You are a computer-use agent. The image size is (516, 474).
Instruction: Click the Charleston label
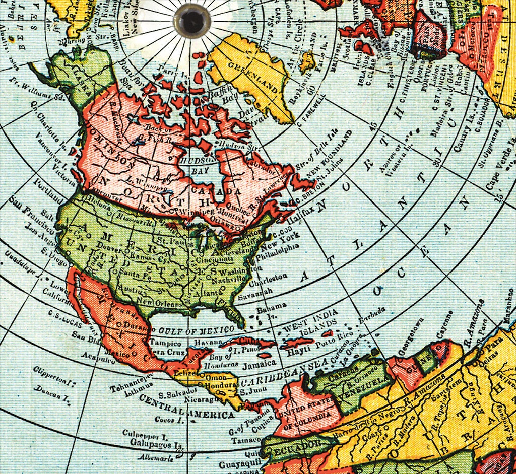[270, 278]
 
